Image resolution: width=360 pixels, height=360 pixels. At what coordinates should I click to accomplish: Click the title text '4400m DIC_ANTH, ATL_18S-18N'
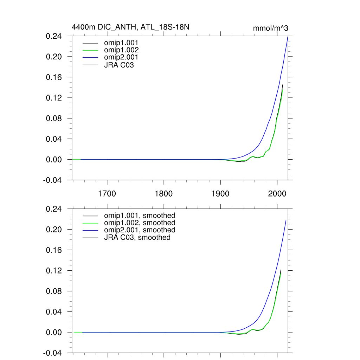click(130, 27)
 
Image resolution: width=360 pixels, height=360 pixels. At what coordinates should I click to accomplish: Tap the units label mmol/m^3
click(271, 28)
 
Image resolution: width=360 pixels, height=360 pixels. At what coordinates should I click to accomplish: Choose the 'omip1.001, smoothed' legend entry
click(140, 215)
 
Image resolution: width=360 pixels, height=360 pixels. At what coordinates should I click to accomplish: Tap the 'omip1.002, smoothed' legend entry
click(140, 223)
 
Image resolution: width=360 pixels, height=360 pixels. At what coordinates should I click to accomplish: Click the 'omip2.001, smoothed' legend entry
click(140, 230)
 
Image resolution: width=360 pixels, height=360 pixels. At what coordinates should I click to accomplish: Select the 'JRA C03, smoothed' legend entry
click(137, 237)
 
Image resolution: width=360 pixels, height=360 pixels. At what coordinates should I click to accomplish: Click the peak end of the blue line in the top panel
click(288, 37)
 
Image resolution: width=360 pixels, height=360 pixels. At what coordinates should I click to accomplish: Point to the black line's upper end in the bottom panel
click(281, 270)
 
